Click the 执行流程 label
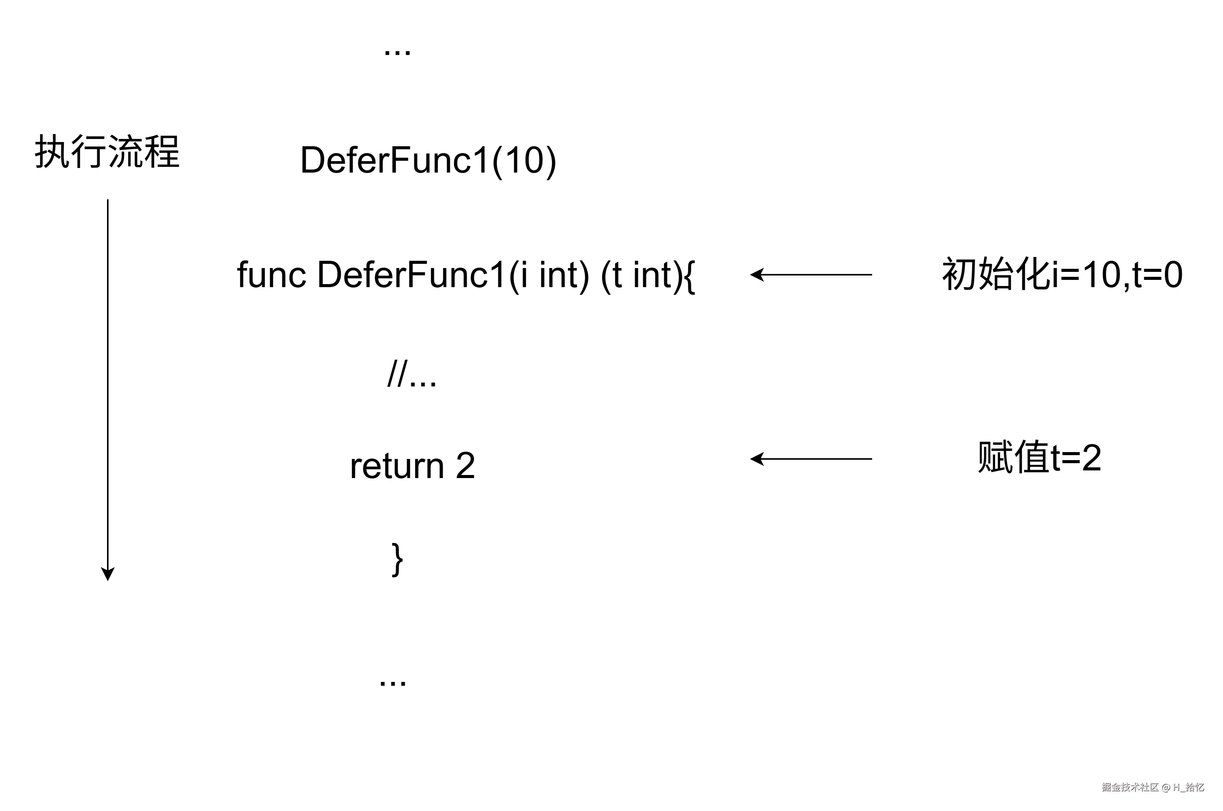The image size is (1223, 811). (107, 152)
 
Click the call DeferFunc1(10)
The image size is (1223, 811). (428, 160)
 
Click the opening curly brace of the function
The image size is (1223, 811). (689, 277)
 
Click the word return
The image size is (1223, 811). (397, 466)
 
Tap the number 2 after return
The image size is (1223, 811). (465, 465)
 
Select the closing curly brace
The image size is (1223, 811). (397, 560)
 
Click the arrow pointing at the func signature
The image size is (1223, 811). (811, 275)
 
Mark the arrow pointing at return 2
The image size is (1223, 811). (811, 459)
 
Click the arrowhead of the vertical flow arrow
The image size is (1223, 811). (108, 574)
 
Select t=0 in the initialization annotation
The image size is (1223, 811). (1157, 275)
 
